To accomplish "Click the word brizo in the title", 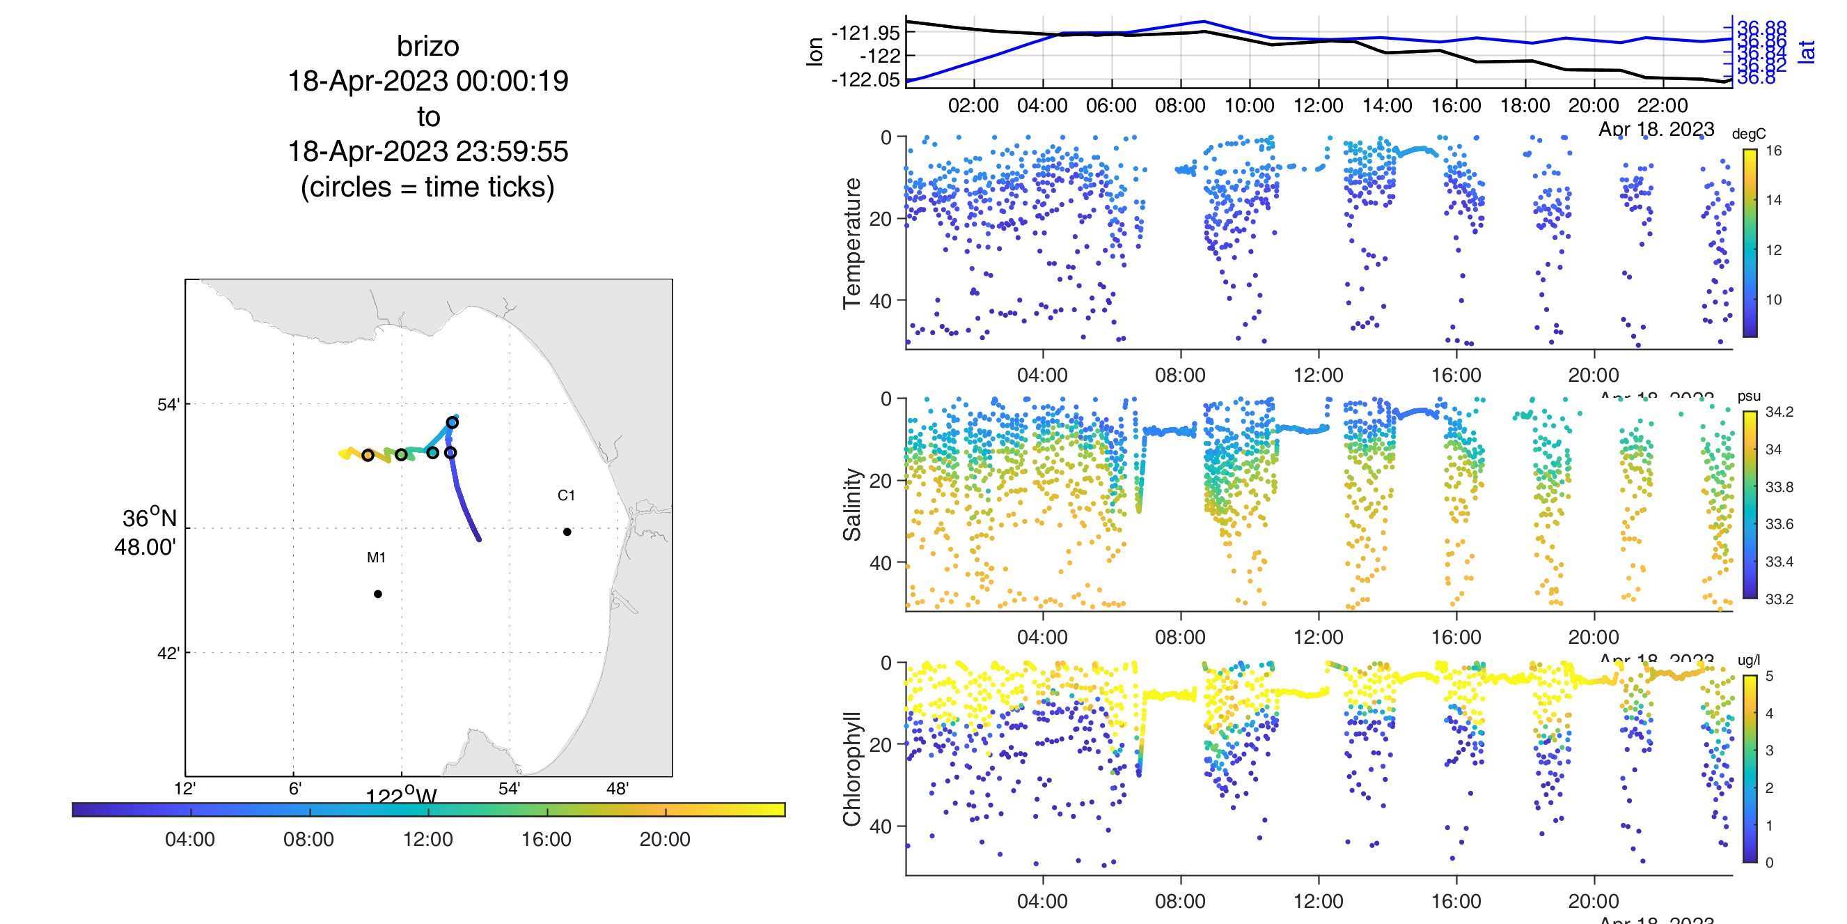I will (427, 46).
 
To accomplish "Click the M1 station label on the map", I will (377, 557).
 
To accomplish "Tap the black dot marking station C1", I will (567, 532).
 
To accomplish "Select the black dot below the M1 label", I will (378, 594).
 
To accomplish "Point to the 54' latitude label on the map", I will (168, 405).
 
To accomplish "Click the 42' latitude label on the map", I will (168, 653).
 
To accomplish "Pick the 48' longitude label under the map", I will (618, 789).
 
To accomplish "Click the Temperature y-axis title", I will (852, 243).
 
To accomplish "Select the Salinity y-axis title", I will (852, 505).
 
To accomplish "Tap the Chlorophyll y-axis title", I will (852, 769).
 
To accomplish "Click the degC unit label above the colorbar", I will (1749, 134).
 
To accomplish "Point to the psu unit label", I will (1749, 396).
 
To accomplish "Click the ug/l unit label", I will (1749, 660).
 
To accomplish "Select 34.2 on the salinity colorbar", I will (1779, 412).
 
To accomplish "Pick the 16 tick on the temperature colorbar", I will (1774, 151).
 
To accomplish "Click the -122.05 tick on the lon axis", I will (865, 79).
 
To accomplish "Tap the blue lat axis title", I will (1807, 52).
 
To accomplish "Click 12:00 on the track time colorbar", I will (428, 840).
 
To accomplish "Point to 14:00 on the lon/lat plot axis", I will (1388, 105).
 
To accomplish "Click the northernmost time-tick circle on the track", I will (453, 422).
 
